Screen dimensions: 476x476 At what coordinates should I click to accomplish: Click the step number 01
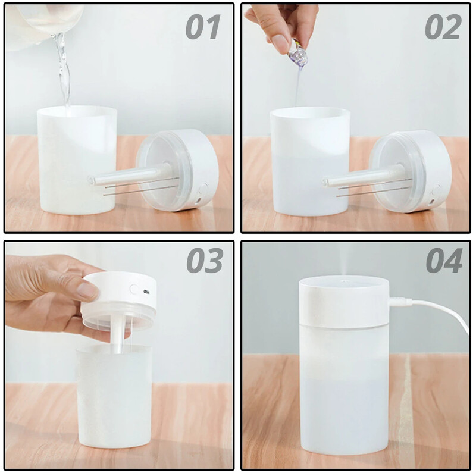[203, 27]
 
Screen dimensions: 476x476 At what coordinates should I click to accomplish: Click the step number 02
[443, 27]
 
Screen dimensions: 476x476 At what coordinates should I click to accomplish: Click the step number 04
[443, 260]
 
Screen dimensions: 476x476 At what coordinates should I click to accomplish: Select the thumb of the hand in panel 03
[77, 289]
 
